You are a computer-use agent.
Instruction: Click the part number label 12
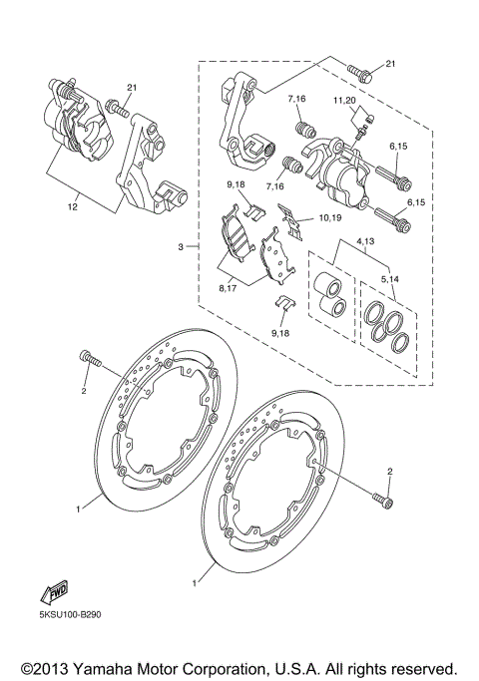pos(71,206)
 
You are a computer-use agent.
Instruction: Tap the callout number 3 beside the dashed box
pos(180,245)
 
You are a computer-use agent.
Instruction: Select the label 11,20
pos(345,101)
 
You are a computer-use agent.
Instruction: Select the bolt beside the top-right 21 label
pos(360,72)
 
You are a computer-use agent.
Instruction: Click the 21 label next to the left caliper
pos(130,88)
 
